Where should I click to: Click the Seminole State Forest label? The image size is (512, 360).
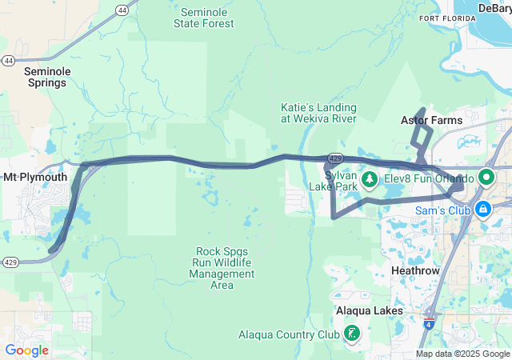tap(204, 18)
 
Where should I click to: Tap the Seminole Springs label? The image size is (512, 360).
tap(49, 77)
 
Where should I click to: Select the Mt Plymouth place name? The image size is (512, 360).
tap(35, 177)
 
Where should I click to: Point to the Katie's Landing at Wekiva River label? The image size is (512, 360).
tap(318, 113)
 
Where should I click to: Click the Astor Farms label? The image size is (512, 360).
tap(431, 121)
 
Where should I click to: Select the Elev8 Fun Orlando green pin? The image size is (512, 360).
tap(485, 178)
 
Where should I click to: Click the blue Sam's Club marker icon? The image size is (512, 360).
tap(482, 210)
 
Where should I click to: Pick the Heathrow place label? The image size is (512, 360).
tap(415, 271)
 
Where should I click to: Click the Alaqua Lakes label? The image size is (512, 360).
tap(369, 310)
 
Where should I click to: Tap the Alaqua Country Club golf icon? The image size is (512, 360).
tap(351, 333)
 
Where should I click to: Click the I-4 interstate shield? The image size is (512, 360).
tap(431, 325)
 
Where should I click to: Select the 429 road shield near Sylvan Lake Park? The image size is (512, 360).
tap(337, 160)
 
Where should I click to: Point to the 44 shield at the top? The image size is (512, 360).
tap(122, 10)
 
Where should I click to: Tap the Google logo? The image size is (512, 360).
tap(26, 350)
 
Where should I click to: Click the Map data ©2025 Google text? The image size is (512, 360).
tap(462, 354)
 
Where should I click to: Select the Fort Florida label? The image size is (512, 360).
tap(441, 18)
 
